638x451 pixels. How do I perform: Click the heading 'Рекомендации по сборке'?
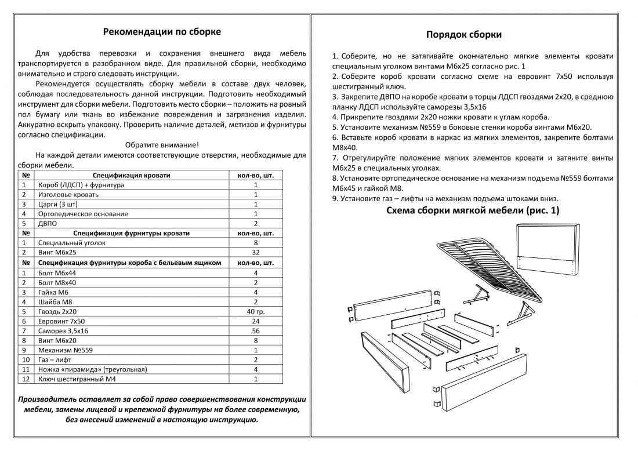point(161,31)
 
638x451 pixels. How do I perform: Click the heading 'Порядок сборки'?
point(464,34)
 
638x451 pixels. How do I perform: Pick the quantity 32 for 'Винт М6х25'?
point(256,253)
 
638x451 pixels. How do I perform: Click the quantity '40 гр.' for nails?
point(256,311)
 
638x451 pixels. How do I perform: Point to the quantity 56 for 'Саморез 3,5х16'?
point(256,331)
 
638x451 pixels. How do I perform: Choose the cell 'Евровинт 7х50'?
point(61,321)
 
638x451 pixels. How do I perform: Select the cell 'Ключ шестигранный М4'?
point(75,379)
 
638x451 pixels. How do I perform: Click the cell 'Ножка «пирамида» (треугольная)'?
point(92,369)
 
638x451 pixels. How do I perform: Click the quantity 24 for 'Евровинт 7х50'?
point(256,321)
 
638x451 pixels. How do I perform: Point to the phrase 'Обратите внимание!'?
point(162,145)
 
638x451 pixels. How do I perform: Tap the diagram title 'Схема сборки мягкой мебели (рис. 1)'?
point(473,211)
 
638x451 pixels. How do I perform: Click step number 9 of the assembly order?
point(335,199)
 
